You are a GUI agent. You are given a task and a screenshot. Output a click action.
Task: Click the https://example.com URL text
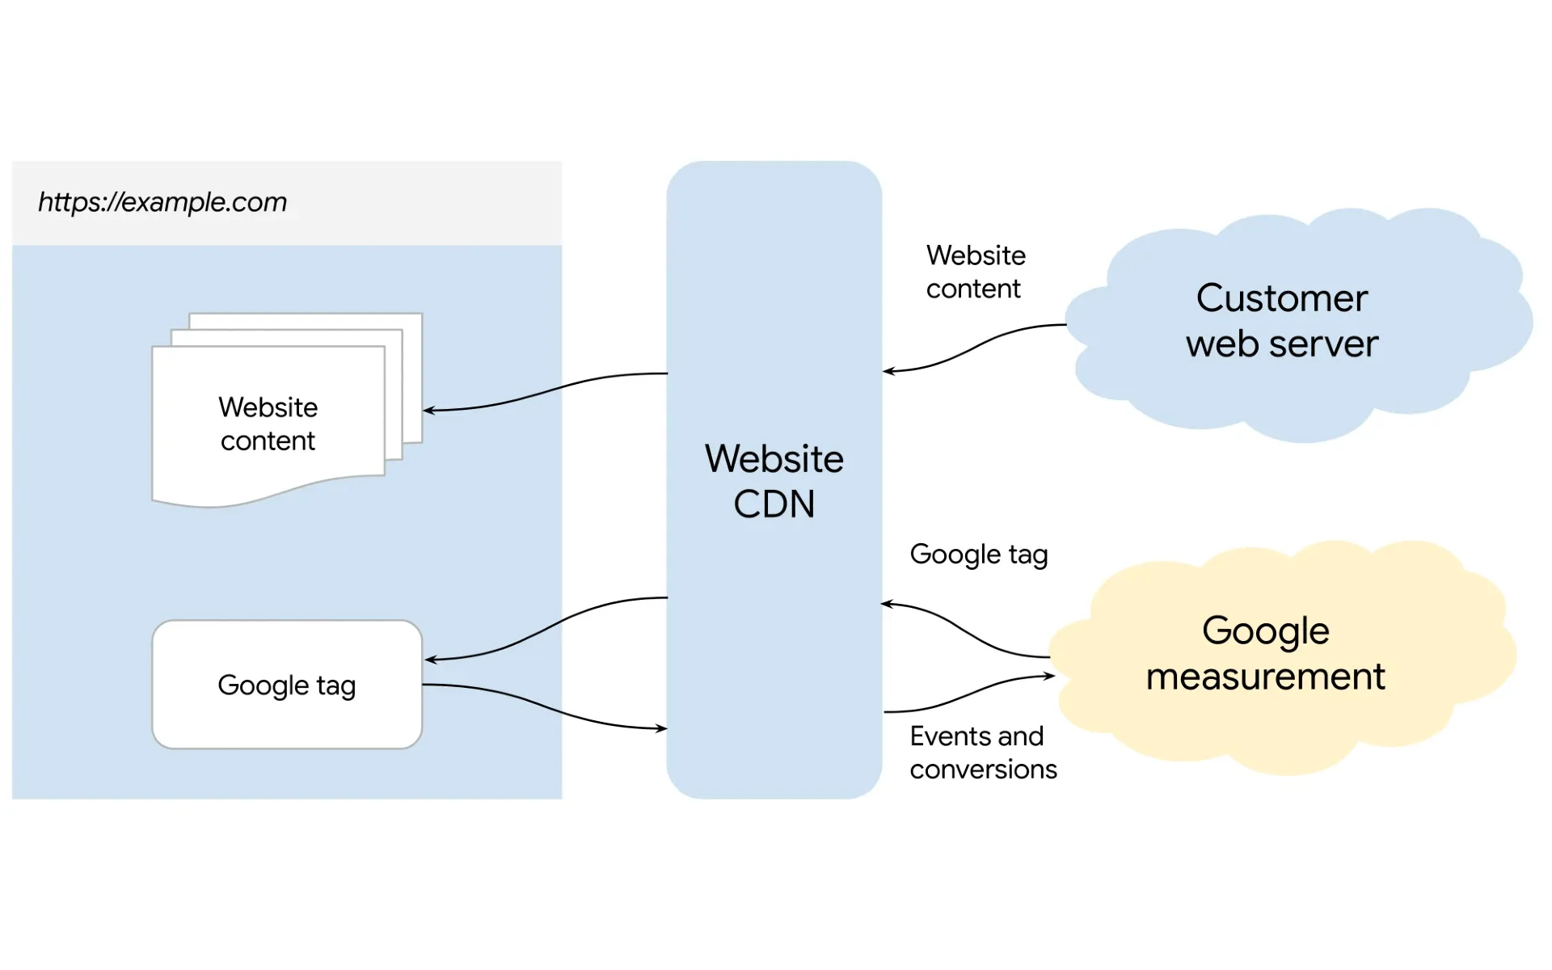coord(162,202)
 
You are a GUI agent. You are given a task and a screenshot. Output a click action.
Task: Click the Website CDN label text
coord(774,481)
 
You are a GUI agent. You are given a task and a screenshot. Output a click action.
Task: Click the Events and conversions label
coord(982,753)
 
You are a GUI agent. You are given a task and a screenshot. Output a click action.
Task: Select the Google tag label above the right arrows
coord(978,555)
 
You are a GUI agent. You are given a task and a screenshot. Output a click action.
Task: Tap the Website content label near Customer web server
coord(975,272)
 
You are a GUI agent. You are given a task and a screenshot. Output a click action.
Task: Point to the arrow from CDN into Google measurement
coord(970,694)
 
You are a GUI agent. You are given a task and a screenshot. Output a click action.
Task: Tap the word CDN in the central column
coord(774,504)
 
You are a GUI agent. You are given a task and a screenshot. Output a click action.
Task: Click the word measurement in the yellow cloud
coord(1265,677)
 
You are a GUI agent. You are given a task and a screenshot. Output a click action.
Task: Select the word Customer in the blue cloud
coord(1281,298)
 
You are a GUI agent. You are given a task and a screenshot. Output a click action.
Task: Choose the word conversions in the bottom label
coord(983,770)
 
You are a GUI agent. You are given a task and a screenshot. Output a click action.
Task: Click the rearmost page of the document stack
coord(412,323)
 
